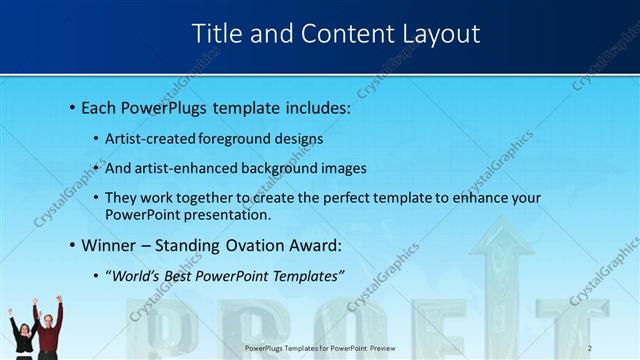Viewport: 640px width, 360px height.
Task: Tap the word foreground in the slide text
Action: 240,139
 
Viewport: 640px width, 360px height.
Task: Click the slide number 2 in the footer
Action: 590,348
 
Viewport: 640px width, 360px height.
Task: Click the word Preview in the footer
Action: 380,348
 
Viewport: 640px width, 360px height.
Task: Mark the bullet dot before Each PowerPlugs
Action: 73,106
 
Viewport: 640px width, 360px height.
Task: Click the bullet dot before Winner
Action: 73,244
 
